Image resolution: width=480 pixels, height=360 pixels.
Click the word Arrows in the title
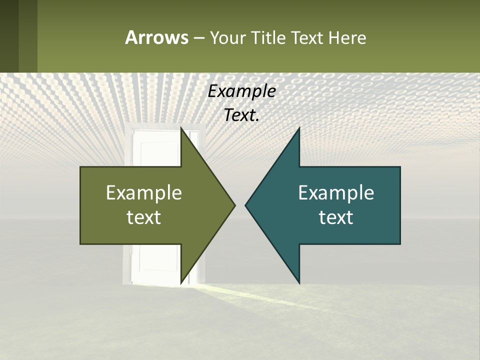click(156, 37)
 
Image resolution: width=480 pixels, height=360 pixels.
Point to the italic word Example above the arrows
click(241, 91)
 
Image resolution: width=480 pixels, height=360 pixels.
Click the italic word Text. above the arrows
click(241, 115)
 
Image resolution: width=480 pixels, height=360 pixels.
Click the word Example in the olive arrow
click(144, 193)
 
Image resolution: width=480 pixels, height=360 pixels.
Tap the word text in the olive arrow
click(144, 217)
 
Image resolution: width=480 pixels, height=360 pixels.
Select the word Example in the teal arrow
click(336, 193)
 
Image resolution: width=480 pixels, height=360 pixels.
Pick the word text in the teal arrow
click(336, 217)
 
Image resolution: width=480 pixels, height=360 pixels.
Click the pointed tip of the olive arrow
click(234, 205)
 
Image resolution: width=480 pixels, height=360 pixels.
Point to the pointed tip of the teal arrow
click(246, 205)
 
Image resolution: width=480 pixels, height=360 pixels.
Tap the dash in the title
click(198, 38)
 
